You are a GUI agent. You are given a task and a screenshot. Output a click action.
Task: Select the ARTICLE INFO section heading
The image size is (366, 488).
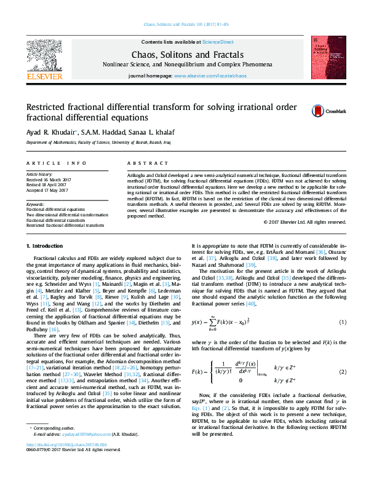(x=56, y=163)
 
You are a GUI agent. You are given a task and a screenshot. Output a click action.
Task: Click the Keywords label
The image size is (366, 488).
(x=35, y=204)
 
